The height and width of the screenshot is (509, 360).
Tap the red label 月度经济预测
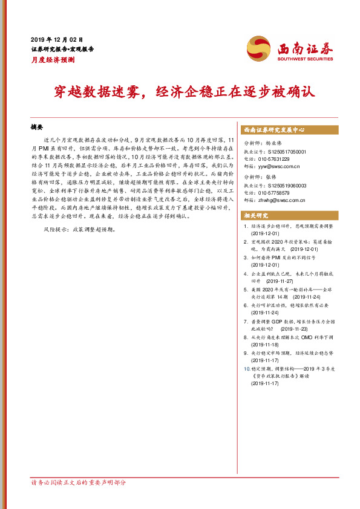[53, 60]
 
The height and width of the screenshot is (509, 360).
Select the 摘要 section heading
[37, 128]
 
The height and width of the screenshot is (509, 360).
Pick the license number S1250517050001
[284, 152]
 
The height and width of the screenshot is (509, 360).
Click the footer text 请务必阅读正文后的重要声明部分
[79, 482]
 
